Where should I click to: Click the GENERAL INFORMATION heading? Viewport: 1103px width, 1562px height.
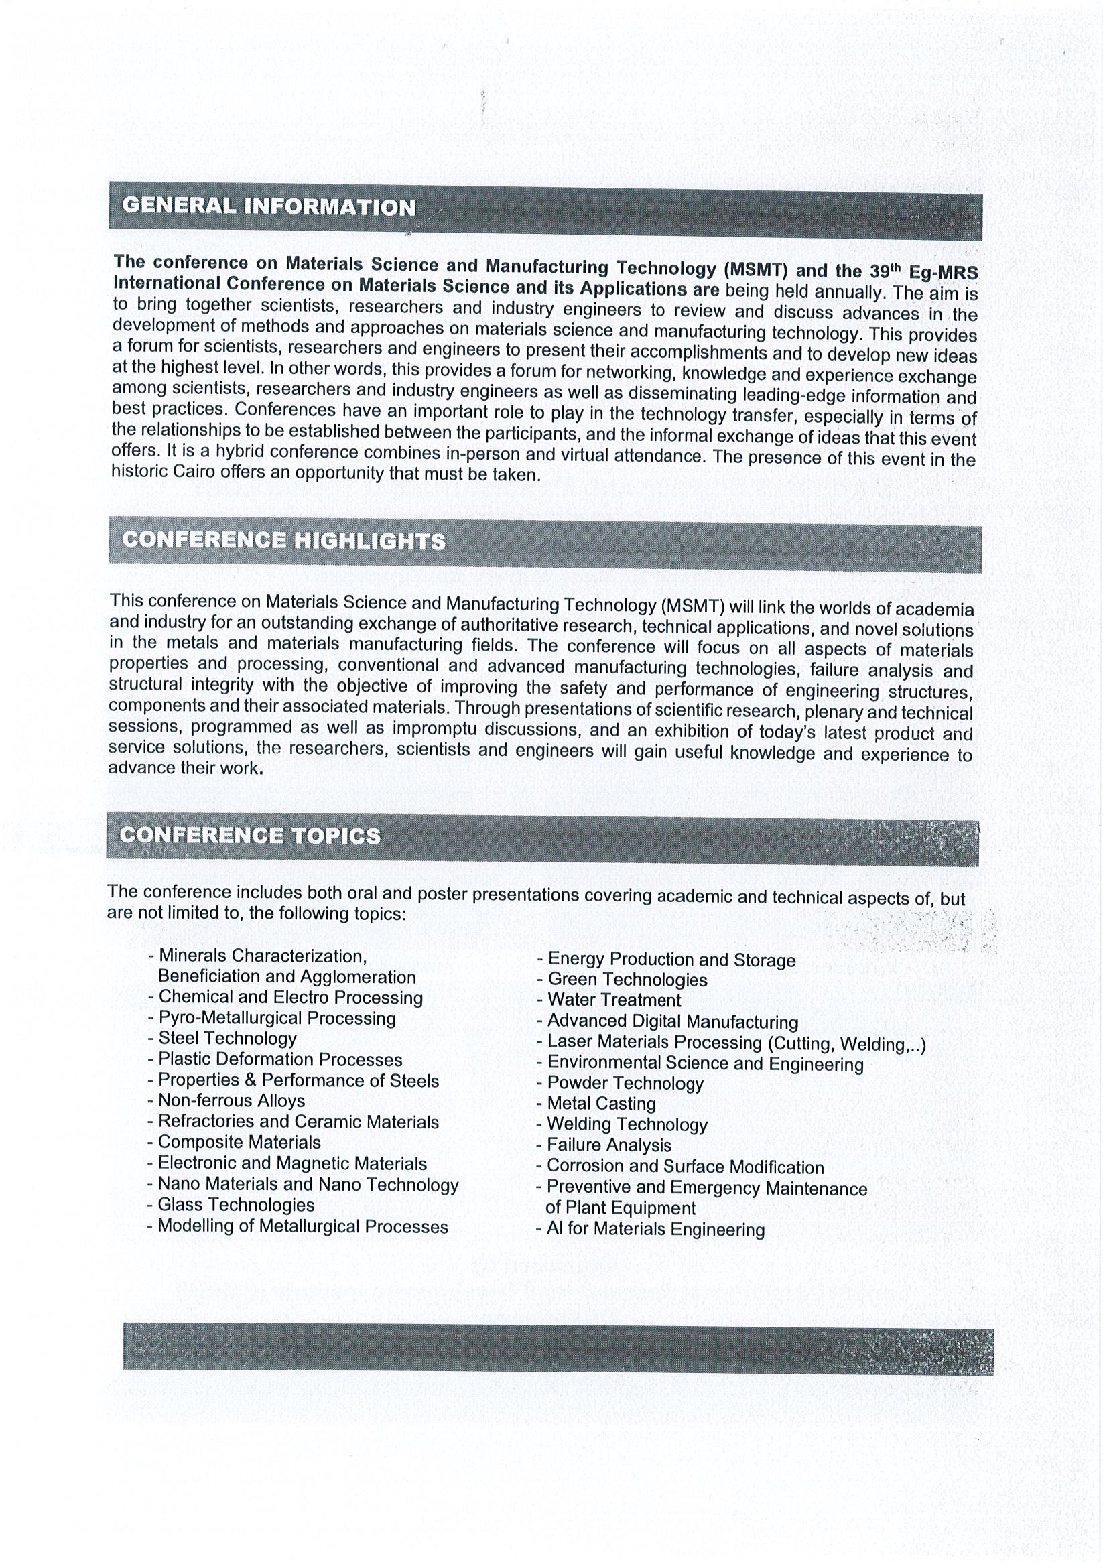point(269,207)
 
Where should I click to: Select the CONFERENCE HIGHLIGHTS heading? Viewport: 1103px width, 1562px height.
point(283,541)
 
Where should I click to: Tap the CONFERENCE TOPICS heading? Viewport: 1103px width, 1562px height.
point(250,836)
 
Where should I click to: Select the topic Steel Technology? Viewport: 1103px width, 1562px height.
point(227,1039)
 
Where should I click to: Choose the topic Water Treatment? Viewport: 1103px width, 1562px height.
point(614,1000)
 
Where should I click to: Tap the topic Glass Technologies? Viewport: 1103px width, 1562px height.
point(236,1205)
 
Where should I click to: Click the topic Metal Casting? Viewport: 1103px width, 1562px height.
point(602,1104)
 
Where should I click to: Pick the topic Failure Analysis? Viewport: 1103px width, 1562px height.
point(609,1146)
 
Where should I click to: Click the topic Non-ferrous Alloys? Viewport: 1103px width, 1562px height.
point(231,1101)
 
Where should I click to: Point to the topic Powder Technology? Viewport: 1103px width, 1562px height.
point(625,1083)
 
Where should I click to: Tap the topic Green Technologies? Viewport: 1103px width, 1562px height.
point(627,980)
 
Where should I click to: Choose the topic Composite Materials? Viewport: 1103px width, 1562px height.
point(239,1143)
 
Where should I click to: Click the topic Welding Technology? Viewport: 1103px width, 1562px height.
point(627,1125)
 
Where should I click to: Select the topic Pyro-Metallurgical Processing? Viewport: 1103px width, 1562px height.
point(277,1019)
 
